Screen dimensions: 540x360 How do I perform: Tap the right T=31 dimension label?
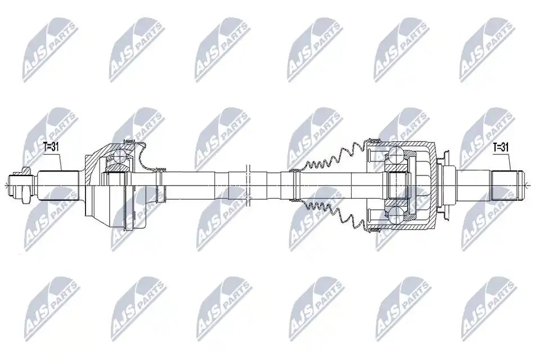(x=501, y=147)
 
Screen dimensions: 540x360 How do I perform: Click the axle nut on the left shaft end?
(x=25, y=186)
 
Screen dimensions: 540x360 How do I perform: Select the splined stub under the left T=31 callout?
(x=58, y=186)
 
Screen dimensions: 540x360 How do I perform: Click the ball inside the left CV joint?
(x=120, y=156)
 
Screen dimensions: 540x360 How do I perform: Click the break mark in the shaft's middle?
(x=247, y=186)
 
